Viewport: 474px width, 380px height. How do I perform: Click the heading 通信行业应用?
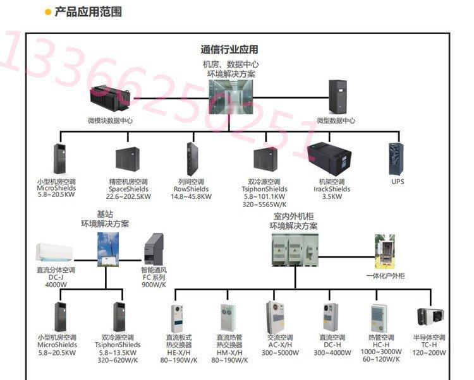click(229, 50)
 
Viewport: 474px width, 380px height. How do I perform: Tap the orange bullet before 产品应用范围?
click(47, 12)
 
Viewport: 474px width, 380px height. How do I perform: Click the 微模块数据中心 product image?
click(111, 98)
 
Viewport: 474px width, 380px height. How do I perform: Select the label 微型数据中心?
click(336, 120)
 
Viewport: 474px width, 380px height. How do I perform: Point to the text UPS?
click(398, 182)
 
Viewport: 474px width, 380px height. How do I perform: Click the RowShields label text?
click(190, 189)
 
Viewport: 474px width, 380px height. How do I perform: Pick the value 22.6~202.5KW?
click(129, 196)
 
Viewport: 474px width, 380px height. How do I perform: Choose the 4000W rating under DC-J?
click(56, 284)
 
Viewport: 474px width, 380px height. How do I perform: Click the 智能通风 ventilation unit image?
click(154, 249)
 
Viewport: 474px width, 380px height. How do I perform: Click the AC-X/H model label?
click(279, 345)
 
